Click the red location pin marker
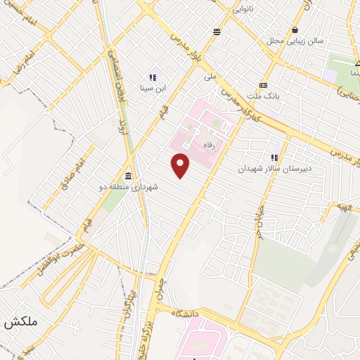181,166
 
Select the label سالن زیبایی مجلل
295,41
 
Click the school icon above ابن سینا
152,77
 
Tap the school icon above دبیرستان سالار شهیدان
274,158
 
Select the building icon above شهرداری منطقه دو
129,176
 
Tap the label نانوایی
244,9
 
